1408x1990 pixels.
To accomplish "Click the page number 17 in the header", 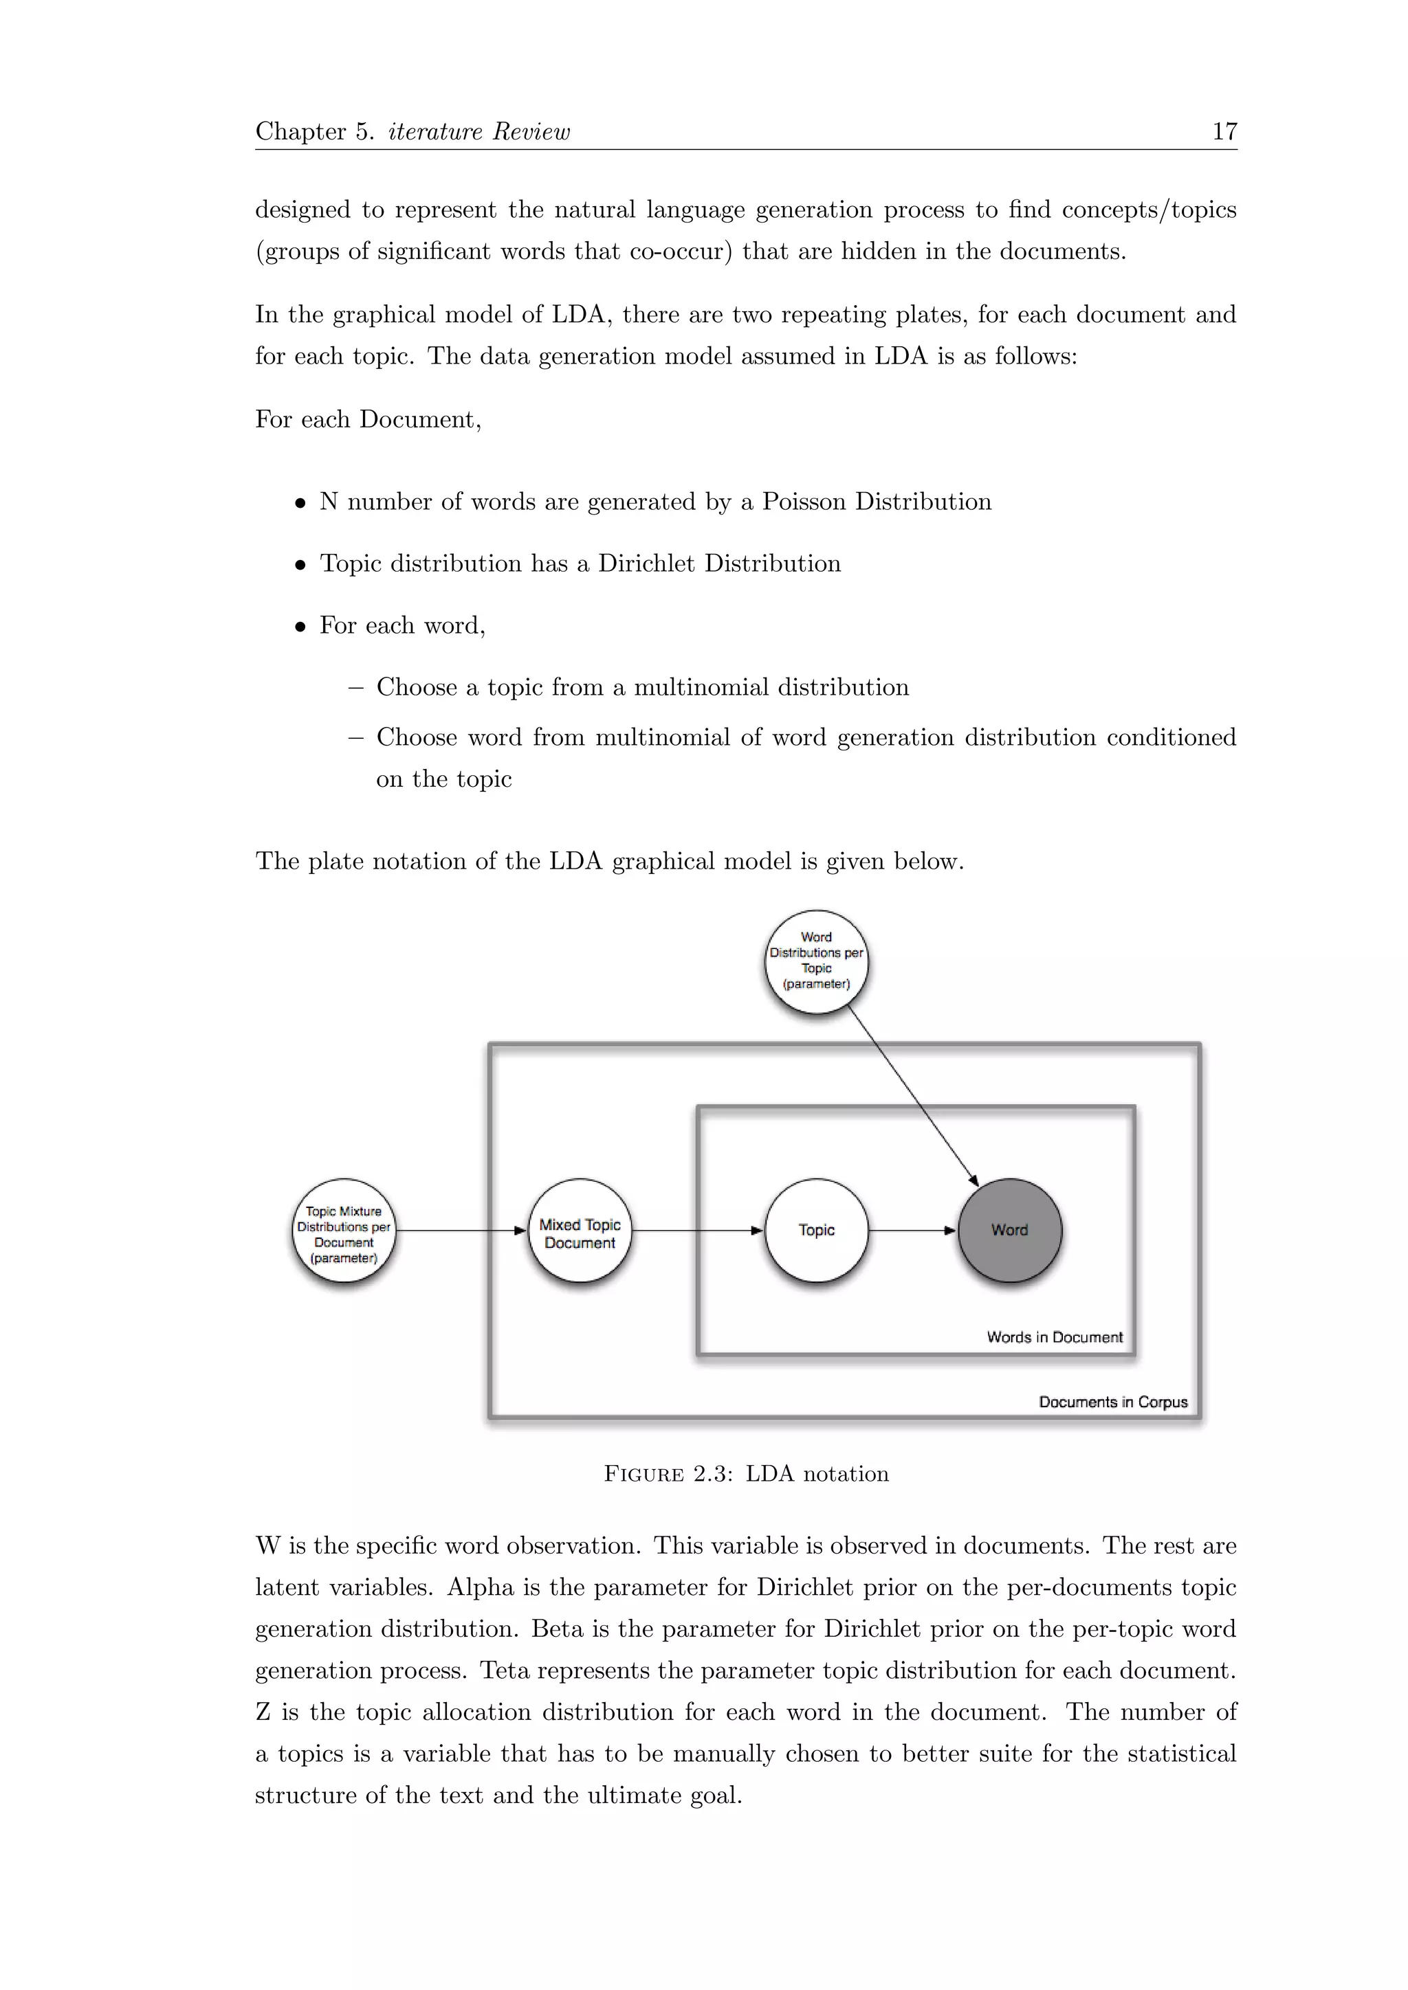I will point(1223,132).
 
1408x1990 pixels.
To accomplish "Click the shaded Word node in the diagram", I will point(1009,1230).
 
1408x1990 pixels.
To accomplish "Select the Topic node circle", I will point(816,1230).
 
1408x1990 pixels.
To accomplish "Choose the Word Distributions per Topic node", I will point(816,961).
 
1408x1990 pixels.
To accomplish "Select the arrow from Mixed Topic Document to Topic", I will point(697,1230).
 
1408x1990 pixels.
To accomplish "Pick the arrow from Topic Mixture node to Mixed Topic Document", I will point(461,1230).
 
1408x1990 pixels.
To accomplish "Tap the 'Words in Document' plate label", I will point(1054,1337).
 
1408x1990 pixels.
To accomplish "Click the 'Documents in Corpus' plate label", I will point(1112,1402).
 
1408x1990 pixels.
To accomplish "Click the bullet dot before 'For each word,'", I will point(300,627).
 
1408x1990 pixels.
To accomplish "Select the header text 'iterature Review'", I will point(478,132).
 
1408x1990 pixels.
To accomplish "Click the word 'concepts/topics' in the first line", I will point(1149,210).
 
